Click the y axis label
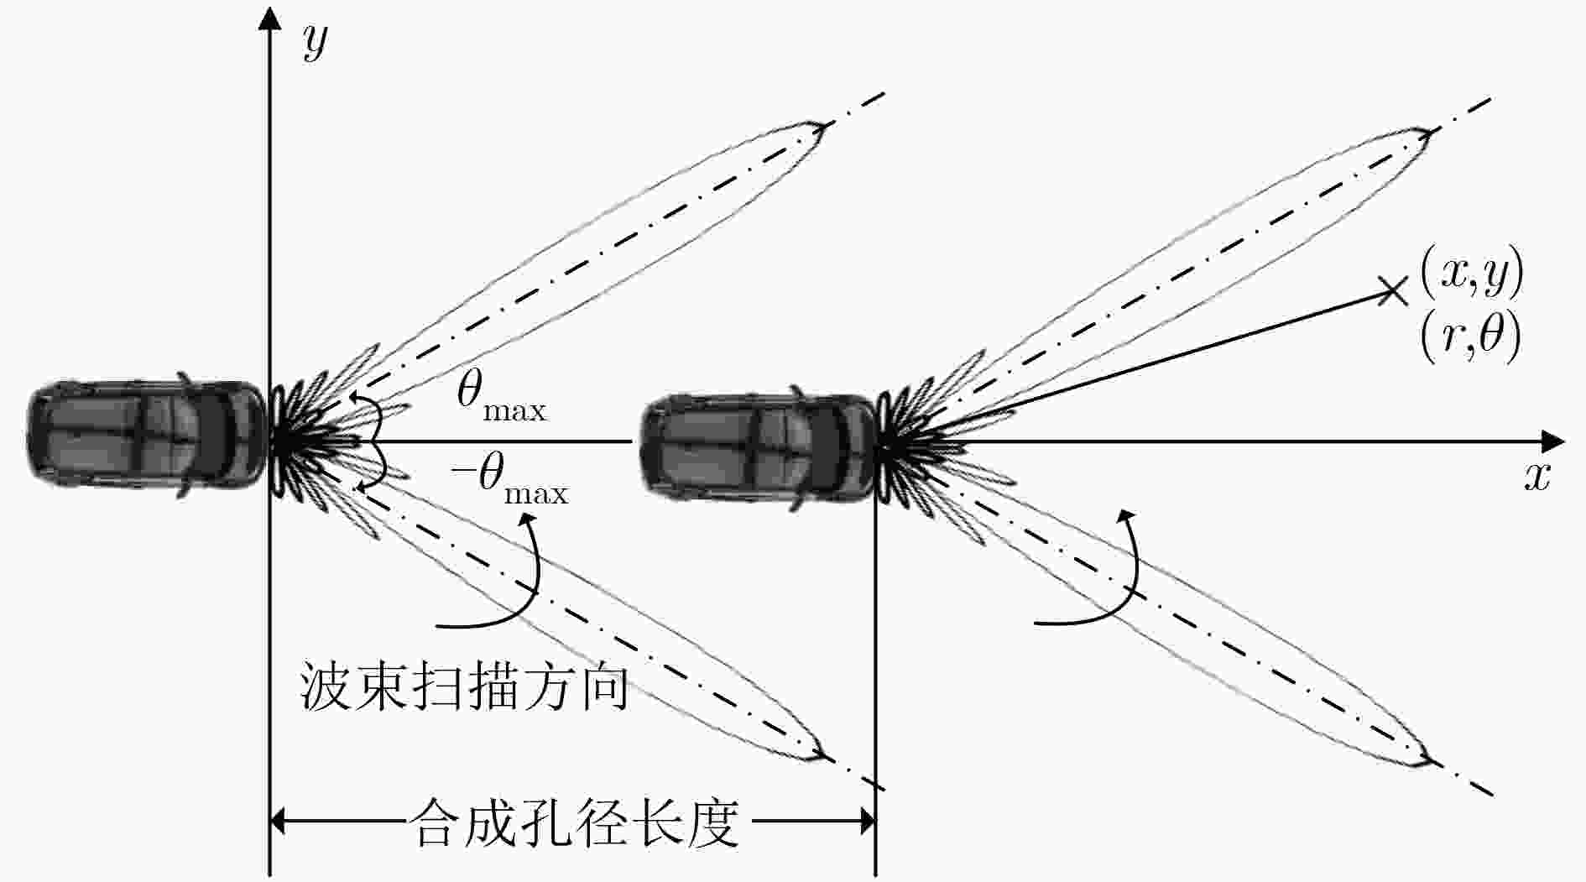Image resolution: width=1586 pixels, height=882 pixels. [315, 42]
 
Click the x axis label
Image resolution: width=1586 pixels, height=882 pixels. [1536, 477]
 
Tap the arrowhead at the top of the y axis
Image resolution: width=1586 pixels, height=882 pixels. [269, 17]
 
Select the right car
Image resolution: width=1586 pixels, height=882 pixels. [759, 448]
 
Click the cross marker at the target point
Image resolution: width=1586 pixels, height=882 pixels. [1393, 290]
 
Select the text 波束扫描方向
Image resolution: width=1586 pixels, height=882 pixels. [464, 688]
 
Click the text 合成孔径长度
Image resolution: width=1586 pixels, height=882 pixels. [576, 822]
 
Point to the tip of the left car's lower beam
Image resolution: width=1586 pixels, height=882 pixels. [823, 754]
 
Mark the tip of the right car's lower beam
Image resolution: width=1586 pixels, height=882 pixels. [1430, 760]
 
